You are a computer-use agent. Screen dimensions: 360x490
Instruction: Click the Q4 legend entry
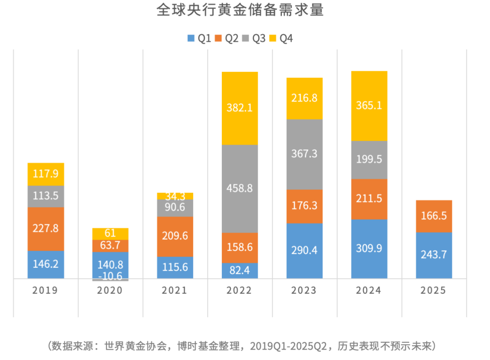[x=281, y=39]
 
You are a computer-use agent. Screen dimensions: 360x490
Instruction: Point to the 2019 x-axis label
[x=45, y=291]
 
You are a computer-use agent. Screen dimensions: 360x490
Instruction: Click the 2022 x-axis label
[x=239, y=291]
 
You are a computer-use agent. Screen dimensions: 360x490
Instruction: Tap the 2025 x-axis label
[x=433, y=291]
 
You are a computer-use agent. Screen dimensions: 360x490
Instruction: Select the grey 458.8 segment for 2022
[x=240, y=188]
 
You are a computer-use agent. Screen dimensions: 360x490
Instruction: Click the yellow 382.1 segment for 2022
[x=240, y=108]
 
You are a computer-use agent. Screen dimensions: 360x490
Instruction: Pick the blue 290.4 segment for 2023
[x=304, y=251]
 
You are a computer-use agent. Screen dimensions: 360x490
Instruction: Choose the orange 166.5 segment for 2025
[x=433, y=216]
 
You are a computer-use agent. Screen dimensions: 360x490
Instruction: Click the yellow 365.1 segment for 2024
[x=369, y=106]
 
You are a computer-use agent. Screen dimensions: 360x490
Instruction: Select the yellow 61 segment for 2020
[x=110, y=234]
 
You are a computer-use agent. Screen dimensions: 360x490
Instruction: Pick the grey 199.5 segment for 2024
[x=369, y=160]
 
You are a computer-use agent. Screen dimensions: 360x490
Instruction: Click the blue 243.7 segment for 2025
[x=433, y=255]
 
